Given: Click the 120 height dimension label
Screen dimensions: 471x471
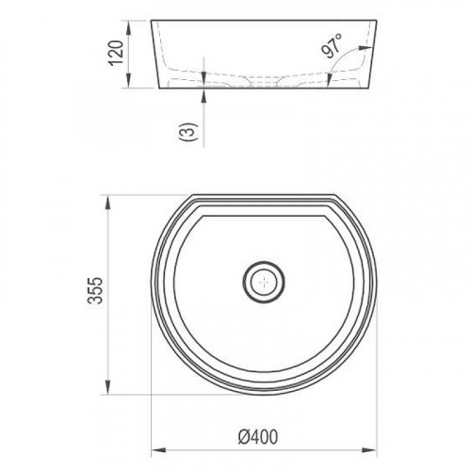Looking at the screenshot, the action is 115,52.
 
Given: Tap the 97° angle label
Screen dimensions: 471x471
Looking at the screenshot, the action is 332,46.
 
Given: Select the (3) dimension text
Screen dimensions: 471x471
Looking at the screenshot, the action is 190,131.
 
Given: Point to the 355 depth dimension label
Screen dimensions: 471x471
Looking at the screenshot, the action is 95,290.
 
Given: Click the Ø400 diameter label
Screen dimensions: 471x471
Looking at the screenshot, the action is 258,436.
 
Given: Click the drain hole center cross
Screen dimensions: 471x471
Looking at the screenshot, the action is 264,282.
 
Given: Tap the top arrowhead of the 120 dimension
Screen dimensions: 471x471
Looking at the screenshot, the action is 129,27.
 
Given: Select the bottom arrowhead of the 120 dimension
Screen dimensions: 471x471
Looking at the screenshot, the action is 129,81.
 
